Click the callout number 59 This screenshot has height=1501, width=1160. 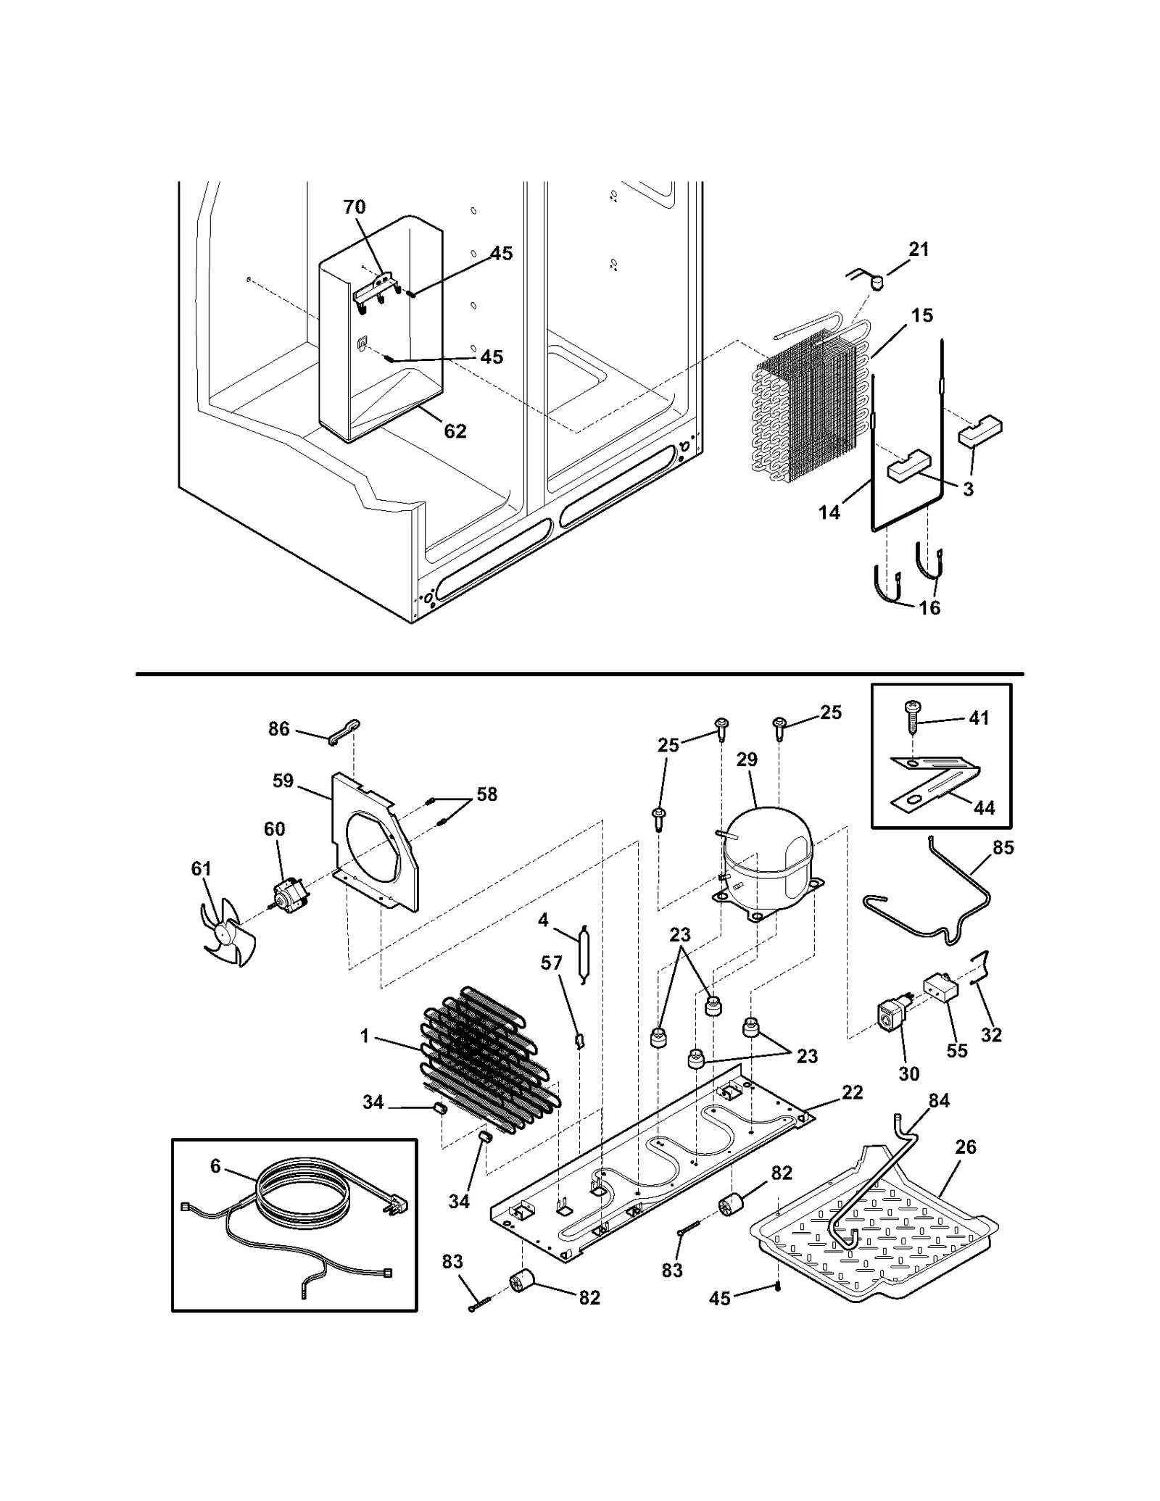(283, 781)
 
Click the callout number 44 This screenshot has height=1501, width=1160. (984, 807)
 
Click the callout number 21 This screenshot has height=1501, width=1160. (919, 249)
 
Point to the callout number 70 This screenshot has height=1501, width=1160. (355, 207)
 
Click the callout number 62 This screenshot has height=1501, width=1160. (455, 431)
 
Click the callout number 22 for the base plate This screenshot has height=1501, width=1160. (853, 1092)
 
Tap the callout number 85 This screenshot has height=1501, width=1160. (1003, 847)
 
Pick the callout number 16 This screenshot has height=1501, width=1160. (929, 608)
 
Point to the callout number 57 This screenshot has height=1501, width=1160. (552, 962)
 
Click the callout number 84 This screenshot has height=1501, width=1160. (939, 1101)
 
